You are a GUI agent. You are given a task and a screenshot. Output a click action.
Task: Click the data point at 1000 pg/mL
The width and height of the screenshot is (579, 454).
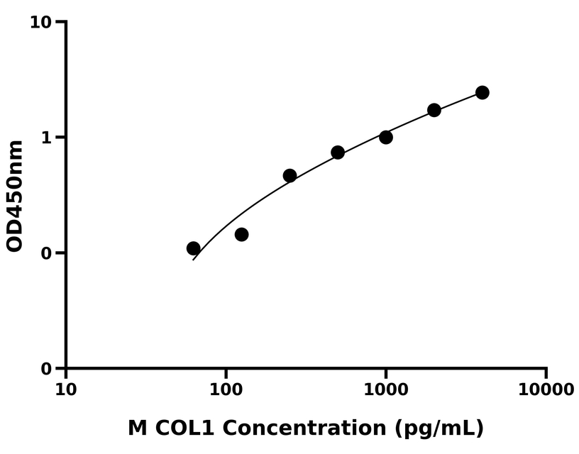coord(386,137)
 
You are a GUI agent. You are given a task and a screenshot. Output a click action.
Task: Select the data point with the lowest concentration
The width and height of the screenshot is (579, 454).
coord(193,248)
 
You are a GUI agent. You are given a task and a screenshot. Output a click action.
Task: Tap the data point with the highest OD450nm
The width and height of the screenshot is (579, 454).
coord(482,92)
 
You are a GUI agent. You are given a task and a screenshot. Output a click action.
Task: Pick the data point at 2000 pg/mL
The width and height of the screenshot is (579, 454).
coord(434,110)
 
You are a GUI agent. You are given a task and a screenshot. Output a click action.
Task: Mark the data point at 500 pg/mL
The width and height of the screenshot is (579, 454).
coord(338,153)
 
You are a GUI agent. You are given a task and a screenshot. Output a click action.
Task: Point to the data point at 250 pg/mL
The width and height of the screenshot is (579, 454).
coord(289,175)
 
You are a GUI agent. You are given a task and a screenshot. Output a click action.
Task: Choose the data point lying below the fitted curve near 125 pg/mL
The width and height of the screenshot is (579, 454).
coord(241,234)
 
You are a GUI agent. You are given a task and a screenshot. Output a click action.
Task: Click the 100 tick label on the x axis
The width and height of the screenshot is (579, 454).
coord(226,389)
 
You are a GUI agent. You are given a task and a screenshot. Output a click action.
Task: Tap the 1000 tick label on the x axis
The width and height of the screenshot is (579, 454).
coord(386,389)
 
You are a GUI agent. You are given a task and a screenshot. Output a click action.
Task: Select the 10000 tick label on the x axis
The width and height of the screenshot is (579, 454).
coord(546,389)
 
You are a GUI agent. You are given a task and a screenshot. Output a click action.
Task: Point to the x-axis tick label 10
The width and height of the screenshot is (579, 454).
coord(66,389)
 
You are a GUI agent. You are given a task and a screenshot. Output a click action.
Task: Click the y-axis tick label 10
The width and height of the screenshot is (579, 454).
coord(41,23)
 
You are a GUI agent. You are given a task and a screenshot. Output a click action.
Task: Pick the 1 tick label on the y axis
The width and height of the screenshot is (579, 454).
coord(47,138)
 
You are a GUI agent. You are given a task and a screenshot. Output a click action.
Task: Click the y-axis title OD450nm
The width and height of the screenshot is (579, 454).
coord(15,196)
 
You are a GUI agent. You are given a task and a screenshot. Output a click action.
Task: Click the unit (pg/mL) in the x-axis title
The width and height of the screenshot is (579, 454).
coord(441,428)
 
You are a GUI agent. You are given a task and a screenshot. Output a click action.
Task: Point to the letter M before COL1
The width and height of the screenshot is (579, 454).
coord(138,428)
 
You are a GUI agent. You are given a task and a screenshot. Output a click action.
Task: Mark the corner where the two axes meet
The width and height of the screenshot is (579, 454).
coord(66,368)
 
